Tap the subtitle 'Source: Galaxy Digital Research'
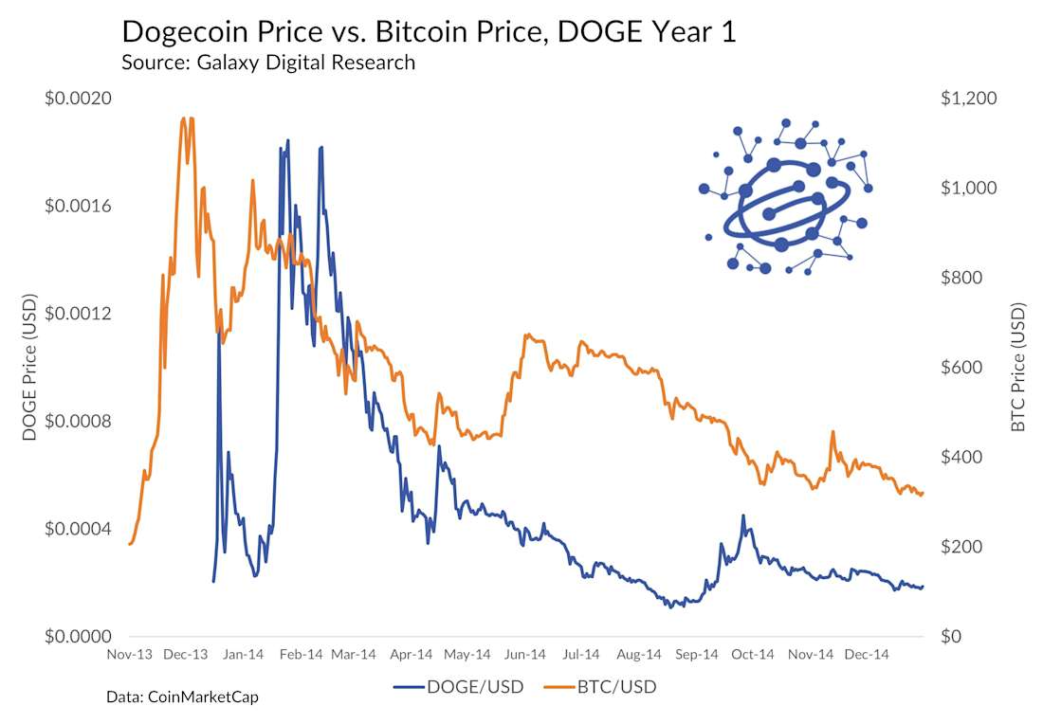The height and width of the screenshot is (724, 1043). [x=268, y=63]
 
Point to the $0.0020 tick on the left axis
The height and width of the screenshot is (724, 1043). [x=79, y=99]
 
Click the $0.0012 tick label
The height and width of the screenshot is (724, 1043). [x=79, y=314]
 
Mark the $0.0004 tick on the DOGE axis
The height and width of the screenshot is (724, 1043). [x=79, y=529]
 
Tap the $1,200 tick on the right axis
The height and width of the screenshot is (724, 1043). [x=963, y=99]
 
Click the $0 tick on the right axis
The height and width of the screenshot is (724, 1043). [x=951, y=636]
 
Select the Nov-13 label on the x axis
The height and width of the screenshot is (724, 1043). [x=130, y=654]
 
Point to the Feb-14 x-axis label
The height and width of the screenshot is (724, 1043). [x=301, y=654]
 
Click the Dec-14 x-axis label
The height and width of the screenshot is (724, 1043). [x=867, y=654]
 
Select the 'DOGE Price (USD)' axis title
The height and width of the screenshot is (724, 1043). [x=29, y=368]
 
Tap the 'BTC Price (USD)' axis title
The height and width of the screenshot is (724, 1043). [x=1018, y=368]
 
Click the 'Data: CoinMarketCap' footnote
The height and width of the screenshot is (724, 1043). [x=182, y=697]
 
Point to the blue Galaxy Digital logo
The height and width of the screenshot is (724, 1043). [x=783, y=197]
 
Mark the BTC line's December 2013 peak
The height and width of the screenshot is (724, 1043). [x=182, y=119]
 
